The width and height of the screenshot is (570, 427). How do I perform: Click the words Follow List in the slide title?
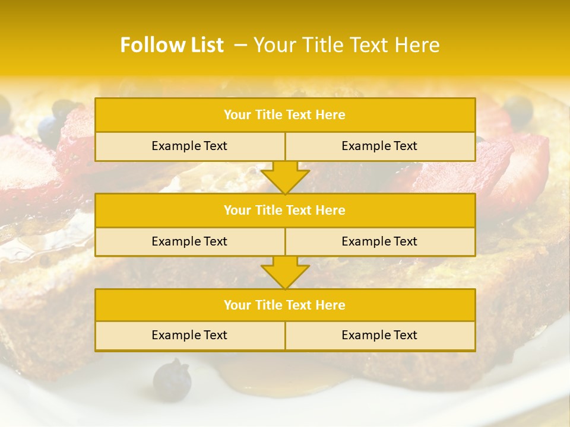[172, 45]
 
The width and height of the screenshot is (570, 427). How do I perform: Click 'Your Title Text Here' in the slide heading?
[347, 45]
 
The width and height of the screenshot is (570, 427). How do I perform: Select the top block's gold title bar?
[285, 115]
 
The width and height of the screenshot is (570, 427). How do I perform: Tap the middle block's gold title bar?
[285, 211]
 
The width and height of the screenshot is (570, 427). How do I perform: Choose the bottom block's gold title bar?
[285, 305]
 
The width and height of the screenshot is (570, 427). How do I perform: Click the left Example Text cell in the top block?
[189, 146]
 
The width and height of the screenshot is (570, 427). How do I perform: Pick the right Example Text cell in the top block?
[380, 146]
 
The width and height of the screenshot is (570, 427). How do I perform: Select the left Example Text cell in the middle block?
[189, 242]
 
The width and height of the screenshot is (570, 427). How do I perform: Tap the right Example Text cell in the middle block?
[380, 242]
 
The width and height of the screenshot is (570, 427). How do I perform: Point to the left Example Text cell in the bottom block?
[189, 336]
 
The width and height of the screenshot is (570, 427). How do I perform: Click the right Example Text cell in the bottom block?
[380, 336]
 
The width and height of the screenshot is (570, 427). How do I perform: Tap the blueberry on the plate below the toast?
[172, 378]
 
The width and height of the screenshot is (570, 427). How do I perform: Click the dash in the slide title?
[240, 45]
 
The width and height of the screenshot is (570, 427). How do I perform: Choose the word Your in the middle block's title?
[236, 211]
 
